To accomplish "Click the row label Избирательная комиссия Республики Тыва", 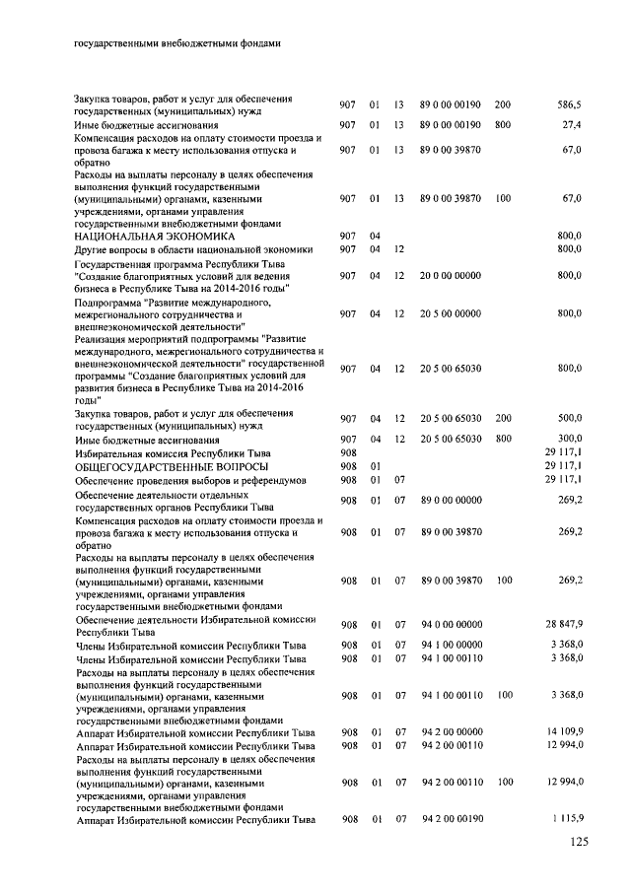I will [173, 451].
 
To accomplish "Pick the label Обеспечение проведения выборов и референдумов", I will [192, 479].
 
